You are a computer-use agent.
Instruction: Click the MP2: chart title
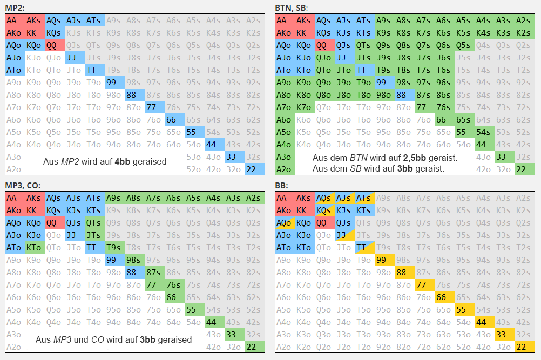(15, 8)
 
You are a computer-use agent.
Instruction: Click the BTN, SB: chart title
(291, 8)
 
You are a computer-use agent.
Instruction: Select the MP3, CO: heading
(23, 185)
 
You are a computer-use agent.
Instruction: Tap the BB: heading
(281, 185)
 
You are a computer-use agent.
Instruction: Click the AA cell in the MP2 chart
(15, 21)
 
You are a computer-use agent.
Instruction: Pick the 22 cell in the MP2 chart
(255, 169)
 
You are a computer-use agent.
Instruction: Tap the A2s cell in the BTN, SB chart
(525, 21)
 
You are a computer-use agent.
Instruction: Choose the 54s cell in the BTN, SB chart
(485, 132)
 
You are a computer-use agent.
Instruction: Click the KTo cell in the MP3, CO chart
(35, 248)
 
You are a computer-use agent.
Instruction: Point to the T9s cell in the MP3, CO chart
(115, 248)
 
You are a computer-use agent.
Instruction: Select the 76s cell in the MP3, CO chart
(175, 285)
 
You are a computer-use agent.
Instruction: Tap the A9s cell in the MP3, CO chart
(115, 198)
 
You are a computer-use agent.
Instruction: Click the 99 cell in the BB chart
(386, 260)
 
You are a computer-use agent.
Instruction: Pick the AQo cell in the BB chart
(285, 223)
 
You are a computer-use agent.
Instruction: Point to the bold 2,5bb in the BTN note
(414, 158)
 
